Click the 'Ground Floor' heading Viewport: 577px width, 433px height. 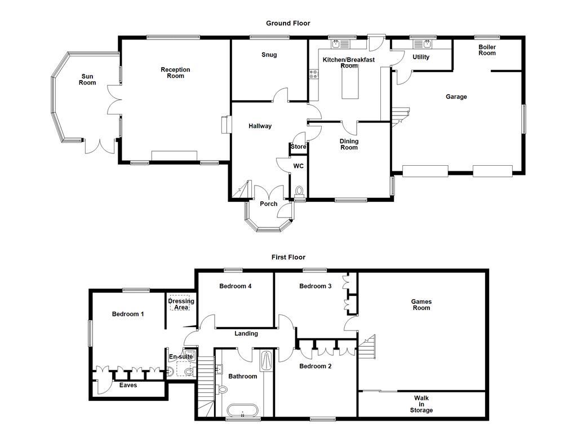tap(288, 23)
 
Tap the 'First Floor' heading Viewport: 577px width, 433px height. tap(288, 257)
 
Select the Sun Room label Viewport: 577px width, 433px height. tap(87, 79)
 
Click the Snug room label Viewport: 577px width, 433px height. tap(269, 55)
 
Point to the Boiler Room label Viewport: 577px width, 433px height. tap(487, 50)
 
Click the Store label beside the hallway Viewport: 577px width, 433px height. tap(298, 147)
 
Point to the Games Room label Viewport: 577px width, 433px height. tap(421, 304)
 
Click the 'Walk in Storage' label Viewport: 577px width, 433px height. tap(421, 404)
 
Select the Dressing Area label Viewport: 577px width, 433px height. tap(181, 304)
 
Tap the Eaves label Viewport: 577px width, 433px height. tap(128, 386)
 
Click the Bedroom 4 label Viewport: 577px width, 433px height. tap(235, 286)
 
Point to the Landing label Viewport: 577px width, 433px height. tap(246, 334)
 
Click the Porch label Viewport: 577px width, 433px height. tap(269, 204)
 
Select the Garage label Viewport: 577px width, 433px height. tap(456, 97)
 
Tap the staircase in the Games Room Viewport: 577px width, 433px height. tap(367, 347)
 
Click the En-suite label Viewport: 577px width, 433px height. tap(181, 357)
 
